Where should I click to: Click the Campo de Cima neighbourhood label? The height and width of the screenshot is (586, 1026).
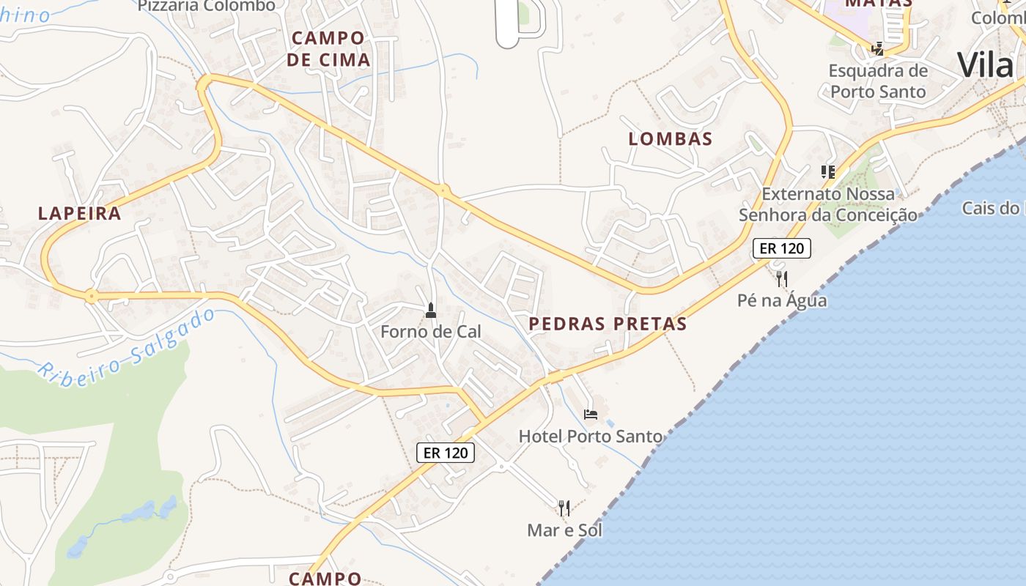pyautogui.click(x=328, y=48)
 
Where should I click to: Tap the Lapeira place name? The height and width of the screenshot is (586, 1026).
pyautogui.click(x=79, y=213)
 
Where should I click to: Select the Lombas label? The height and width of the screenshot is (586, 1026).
pyautogui.click(x=671, y=138)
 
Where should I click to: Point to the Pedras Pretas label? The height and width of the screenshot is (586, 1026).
pyautogui.click(x=608, y=323)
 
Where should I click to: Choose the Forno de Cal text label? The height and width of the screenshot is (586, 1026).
pyautogui.click(x=431, y=331)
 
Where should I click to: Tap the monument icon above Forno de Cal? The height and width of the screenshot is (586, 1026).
pyautogui.click(x=431, y=311)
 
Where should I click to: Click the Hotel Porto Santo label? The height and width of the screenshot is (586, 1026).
pyautogui.click(x=590, y=436)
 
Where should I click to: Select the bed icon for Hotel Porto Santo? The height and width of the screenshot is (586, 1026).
pyautogui.click(x=591, y=415)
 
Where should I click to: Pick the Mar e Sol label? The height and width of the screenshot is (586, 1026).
pyautogui.click(x=564, y=530)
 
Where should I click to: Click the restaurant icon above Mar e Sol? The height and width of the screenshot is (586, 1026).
pyautogui.click(x=564, y=508)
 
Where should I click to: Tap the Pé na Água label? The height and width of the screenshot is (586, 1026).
pyautogui.click(x=782, y=300)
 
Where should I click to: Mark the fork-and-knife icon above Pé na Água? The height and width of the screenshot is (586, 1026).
pyautogui.click(x=782, y=279)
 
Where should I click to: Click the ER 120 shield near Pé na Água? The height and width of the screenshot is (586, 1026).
pyautogui.click(x=782, y=248)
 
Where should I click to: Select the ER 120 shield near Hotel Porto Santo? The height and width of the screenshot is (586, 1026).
pyautogui.click(x=446, y=453)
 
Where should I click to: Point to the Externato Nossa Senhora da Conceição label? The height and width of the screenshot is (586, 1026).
pyautogui.click(x=828, y=204)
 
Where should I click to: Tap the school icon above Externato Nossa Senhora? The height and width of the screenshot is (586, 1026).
pyautogui.click(x=828, y=172)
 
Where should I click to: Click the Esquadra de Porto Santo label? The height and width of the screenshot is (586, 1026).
pyautogui.click(x=878, y=81)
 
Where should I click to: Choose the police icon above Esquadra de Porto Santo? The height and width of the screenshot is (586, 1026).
pyautogui.click(x=878, y=50)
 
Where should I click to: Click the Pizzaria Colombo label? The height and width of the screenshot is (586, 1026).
pyautogui.click(x=207, y=6)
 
